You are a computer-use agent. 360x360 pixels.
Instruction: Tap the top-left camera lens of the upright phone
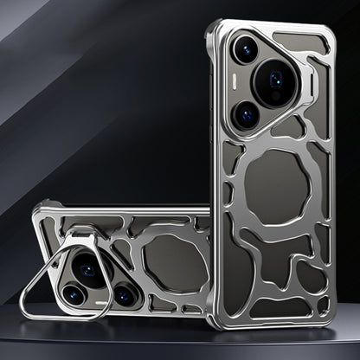[x=245, y=49]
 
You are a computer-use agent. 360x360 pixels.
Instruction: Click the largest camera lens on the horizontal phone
[x=89, y=270]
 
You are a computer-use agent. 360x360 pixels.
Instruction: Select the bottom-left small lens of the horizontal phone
[x=73, y=296]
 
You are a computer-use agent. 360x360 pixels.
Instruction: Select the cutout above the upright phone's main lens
[x=299, y=40]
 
